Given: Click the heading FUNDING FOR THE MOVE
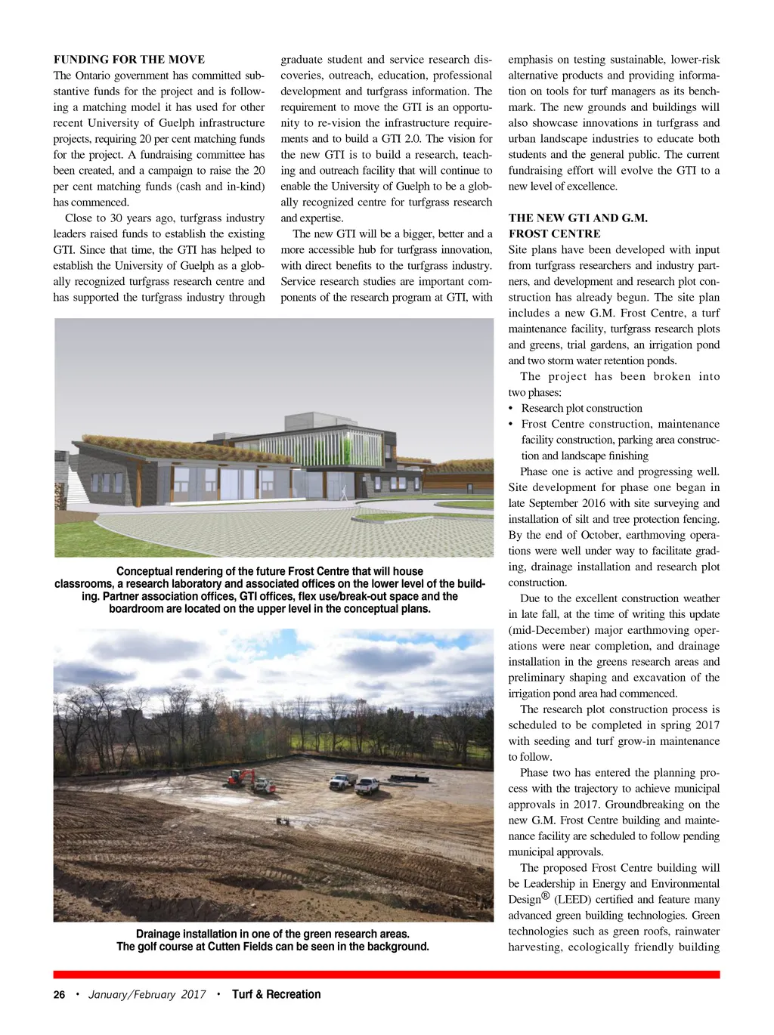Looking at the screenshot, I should [x=128, y=60].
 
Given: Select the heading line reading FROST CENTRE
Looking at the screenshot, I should [x=554, y=234].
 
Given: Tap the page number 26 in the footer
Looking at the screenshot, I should [x=59, y=995].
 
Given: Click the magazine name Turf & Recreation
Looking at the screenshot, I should [x=276, y=995].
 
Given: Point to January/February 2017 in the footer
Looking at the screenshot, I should [x=147, y=995].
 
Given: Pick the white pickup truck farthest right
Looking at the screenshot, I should [x=367, y=786].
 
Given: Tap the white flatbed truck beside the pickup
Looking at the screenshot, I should [x=342, y=781].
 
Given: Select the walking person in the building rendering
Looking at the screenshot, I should [x=345, y=493].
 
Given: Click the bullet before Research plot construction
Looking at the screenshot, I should [x=511, y=409].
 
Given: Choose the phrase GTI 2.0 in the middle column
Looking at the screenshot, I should [x=407, y=139].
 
